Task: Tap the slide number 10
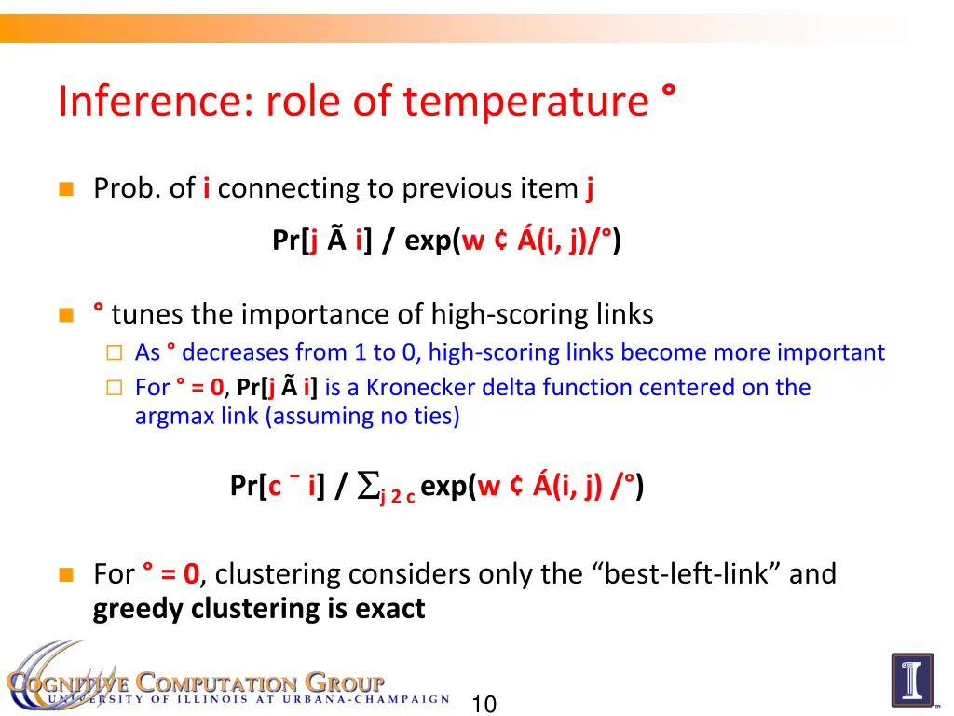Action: tap(484, 704)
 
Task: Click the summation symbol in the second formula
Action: tap(368, 486)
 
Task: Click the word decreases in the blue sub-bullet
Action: tap(236, 352)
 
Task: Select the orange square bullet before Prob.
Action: tap(65, 189)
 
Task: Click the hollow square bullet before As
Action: tap(113, 353)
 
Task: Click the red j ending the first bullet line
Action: tap(590, 189)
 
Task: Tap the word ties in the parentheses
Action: tap(435, 416)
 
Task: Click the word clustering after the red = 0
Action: tap(272, 572)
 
